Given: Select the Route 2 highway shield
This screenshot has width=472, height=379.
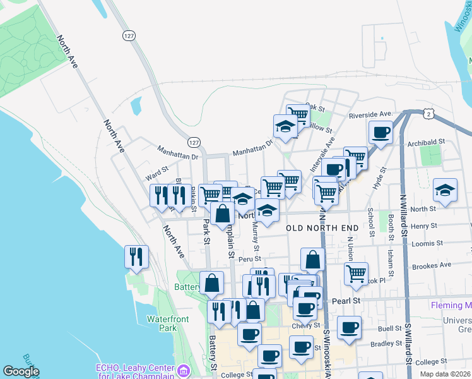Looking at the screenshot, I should [x=428, y=114].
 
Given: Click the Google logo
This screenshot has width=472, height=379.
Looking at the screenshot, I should [x=21, y=371].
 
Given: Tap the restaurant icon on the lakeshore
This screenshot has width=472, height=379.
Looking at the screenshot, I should [x=137, y=256].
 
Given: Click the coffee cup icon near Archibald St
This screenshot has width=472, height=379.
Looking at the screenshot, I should [x=381, y=133].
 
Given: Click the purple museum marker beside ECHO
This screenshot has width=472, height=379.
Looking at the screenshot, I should [x=182, y=370].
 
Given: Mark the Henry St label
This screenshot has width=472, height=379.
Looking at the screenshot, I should [x=423, y=226].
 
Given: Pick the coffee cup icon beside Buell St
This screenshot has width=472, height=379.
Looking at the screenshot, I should [x=349, y=327].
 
